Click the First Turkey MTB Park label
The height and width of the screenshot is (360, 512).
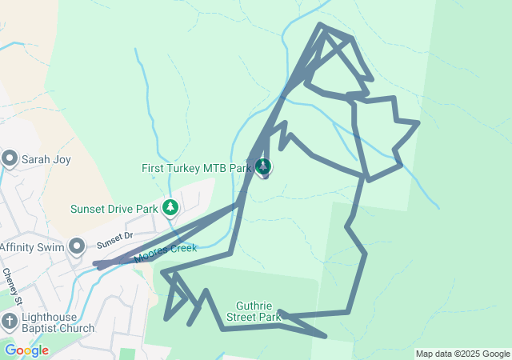tap(196, 168)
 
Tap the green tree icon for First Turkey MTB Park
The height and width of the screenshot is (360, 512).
tap(263, 167)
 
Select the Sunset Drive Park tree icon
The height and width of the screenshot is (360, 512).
tap(170, 208)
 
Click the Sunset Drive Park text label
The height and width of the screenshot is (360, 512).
tap(114, 209)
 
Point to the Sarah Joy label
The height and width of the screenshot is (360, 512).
tap(46, 159)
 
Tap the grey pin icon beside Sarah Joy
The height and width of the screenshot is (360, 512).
tap(10, 158)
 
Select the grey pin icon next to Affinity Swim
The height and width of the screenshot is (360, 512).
tap(77, 246)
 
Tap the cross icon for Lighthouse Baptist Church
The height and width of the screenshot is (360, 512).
tap(9, 322)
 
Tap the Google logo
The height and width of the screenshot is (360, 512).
tap(26, 350)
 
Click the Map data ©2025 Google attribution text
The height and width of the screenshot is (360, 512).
tap(462, 354)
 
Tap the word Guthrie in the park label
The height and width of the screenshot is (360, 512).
tap(257, 306)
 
